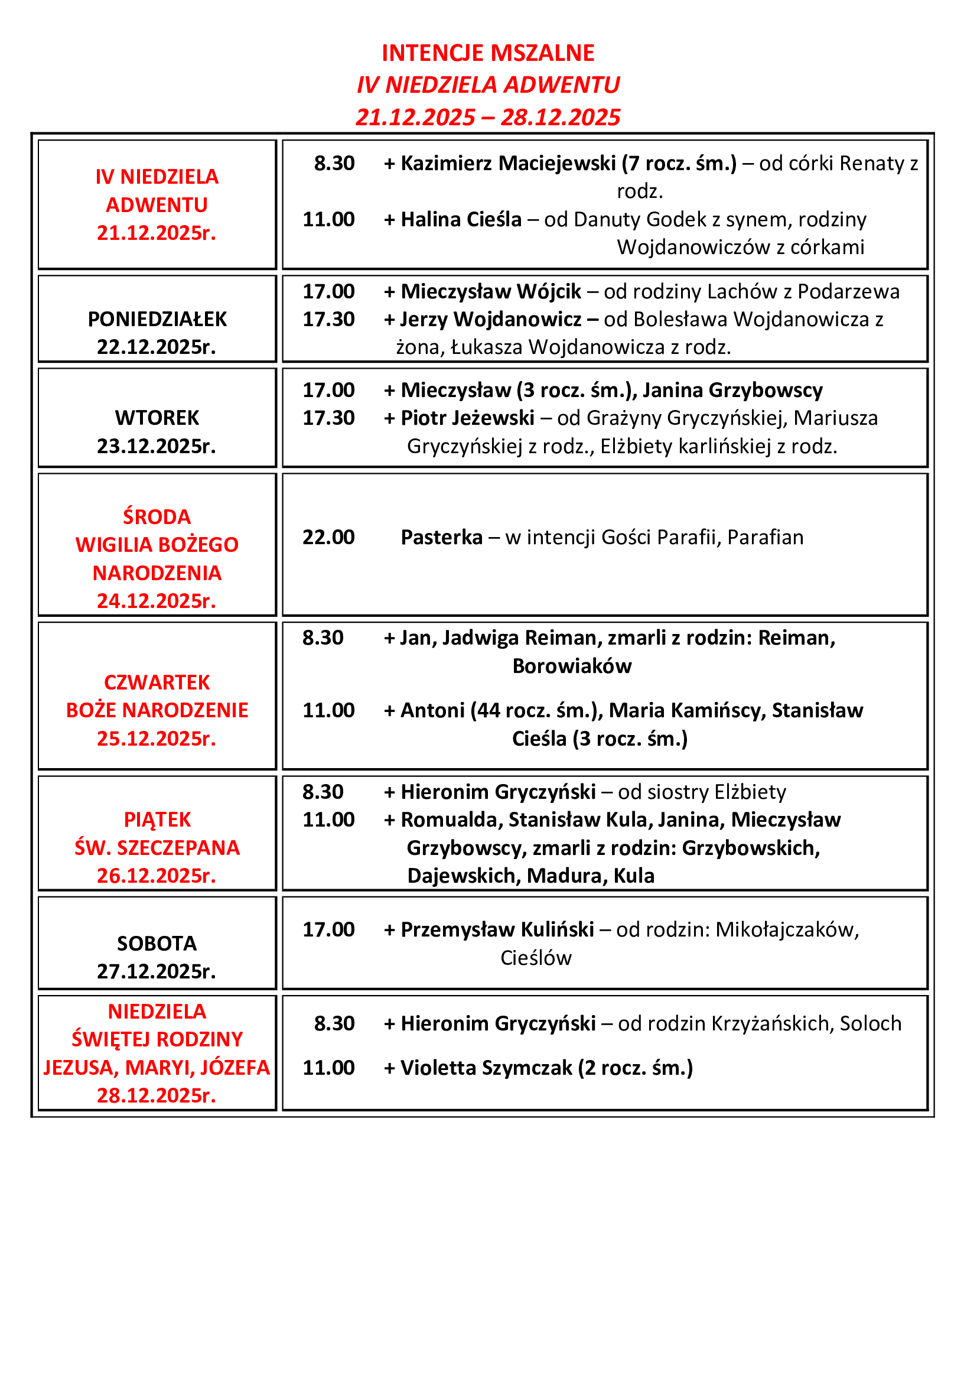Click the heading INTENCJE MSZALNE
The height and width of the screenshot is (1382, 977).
pyautogui.click(x=488, y=53)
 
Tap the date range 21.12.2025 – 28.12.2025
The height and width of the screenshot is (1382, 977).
pyautogui.click(x=488, y=117)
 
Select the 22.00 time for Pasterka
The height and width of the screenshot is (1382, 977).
pyautogui.click(x=328, y=537)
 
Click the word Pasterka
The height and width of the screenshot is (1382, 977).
pyautogui.click(x=442, y=537)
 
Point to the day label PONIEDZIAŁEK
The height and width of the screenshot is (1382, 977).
pyautogui.click(x=157, y=319)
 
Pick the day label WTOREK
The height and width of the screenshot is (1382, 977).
pyautogui.click(x=157, y=418)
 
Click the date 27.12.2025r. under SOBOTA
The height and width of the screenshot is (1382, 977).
pyautogui.click(x=157, y=971)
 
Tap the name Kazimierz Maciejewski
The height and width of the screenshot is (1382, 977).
pyautogui.click(x=509, y=163)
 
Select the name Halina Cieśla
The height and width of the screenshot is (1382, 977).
pyautogui.click(x=461, y=219)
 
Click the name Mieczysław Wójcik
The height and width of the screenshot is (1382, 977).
pyautogui.click(x=491, y=291)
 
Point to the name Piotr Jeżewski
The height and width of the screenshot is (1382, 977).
pyautogui.click(x=467, y=418)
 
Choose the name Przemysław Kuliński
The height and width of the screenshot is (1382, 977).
pyautogui.click(x=497, y=929)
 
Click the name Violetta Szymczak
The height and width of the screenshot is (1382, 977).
pyautogui.click(x=486, y=1067)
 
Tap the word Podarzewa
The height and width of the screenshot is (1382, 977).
pyautogui.click(x=848, y=291)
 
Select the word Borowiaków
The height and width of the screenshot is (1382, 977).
pyautogui.click(x=572, y=666)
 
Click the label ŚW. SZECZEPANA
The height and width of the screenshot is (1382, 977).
pyautogui.click(x=157, y=847)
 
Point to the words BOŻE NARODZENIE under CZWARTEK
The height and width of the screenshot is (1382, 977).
pyautogui.click(x=157, y=710)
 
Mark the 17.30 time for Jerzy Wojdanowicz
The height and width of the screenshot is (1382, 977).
pyautogui.click(x=328, y=319)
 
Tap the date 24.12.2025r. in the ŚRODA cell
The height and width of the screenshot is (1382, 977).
pyautogui.click(x=157, y=601)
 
